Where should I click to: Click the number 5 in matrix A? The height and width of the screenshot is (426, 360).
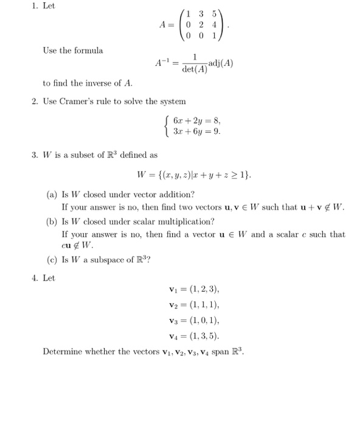[x=213, y=13]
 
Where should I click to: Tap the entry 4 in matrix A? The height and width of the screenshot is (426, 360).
[x=213, y=24]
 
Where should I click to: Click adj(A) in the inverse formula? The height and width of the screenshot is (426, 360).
[x=221, y=63]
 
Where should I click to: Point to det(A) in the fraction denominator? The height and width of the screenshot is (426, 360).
[x=195, y=69]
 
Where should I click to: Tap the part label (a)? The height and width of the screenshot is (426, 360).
[x=53, y=195]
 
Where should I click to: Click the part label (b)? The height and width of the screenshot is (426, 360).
[x=53, y=221]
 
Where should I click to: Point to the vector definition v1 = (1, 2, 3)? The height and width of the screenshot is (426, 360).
[x=194, y=290]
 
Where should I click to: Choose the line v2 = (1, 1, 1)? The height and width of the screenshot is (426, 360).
[x=194, y=304]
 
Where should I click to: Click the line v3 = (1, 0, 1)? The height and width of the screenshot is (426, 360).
[x=194, y=319]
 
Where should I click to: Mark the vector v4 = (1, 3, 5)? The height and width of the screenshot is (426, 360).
[x=194, y=335]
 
